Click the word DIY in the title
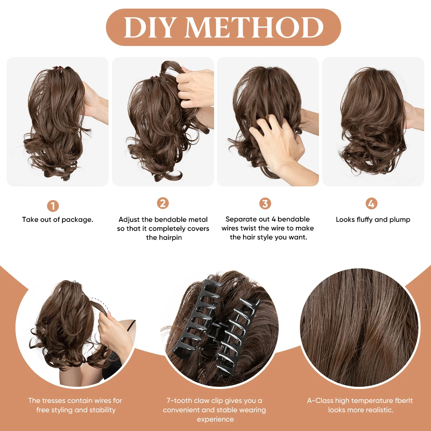click(x=150, y=28)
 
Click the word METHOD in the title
click(x=254, y=28)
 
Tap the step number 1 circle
click(x=53, y=206)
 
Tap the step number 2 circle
click(x=163, y=203)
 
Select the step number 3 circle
click(x=265, y=204)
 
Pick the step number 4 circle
click(x=371, y=204)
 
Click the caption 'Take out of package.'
click(x=57, y=219)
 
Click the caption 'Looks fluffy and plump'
click(x=373, y=219)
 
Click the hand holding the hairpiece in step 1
click(x=95, y=104)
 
